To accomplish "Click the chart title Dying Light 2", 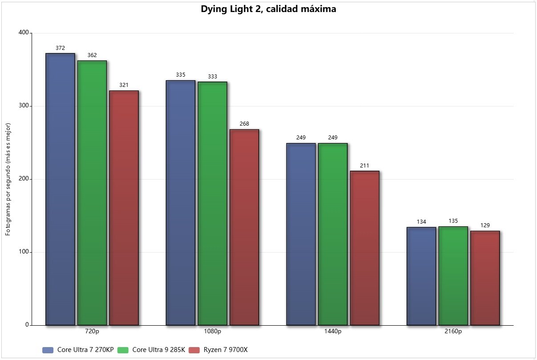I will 268,8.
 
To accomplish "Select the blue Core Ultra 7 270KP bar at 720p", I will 60,189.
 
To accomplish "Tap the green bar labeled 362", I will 92,193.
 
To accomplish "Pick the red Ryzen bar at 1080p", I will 244,227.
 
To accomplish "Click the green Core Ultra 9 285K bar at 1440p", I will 333,234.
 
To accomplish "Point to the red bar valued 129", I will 485,278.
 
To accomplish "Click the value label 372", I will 60,48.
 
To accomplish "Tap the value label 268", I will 244,124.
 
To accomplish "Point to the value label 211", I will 364,165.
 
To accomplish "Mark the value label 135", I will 453,221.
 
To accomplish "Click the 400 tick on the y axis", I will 23,33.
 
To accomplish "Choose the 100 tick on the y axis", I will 23,252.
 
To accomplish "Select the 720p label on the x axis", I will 92,331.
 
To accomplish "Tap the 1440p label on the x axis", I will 333,331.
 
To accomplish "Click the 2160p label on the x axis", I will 453,331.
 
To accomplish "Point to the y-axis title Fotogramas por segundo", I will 8,179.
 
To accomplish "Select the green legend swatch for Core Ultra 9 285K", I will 123,350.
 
